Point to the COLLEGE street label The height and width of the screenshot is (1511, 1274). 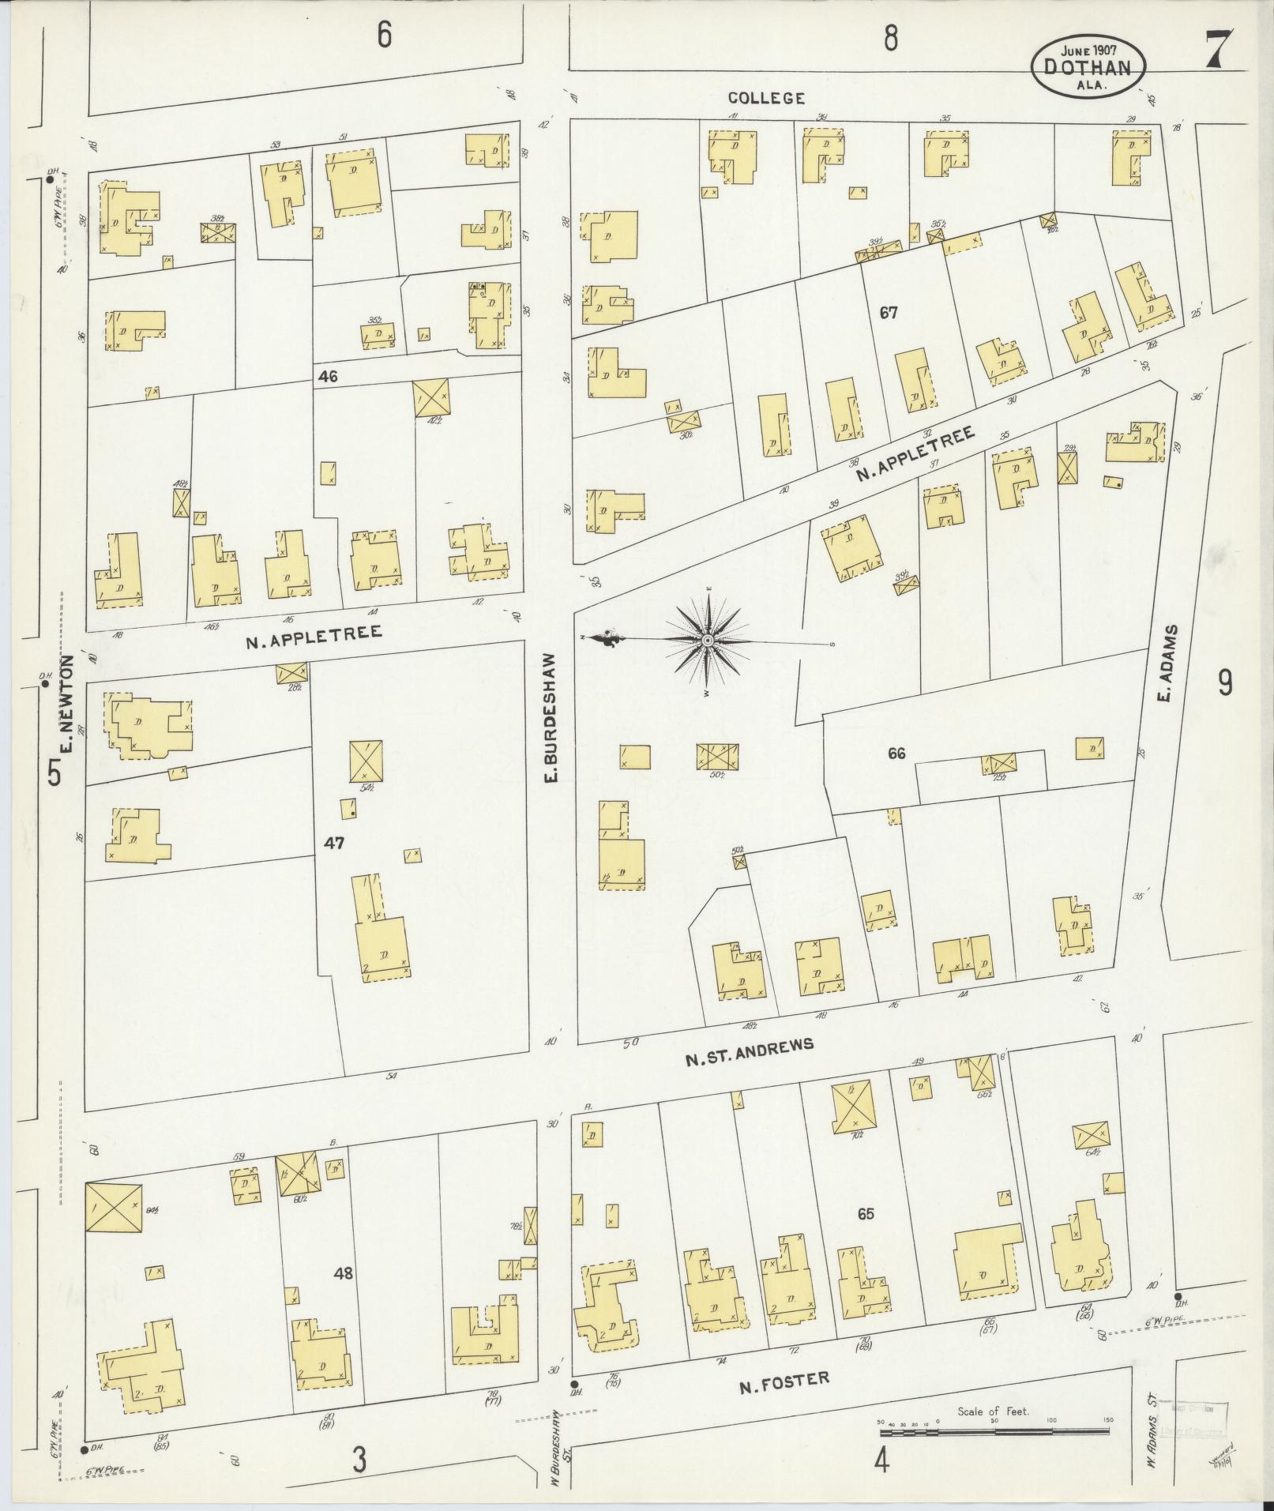pyautogui.click(x=766, y=98)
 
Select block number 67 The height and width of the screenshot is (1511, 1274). pyautogui.click(x=889, y=313)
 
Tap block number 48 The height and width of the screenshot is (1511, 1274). pyautogui.click(x=343, y=1272)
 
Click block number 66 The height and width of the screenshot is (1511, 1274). pyautogui.click(x=896, y=754)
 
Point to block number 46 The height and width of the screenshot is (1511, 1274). pyautogui.click(x=328, y=377)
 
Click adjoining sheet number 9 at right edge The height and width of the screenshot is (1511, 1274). pyautogui.click(x=1224, y=682)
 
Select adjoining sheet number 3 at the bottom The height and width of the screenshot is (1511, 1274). pyautogui.click(x=359, y=1460)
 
